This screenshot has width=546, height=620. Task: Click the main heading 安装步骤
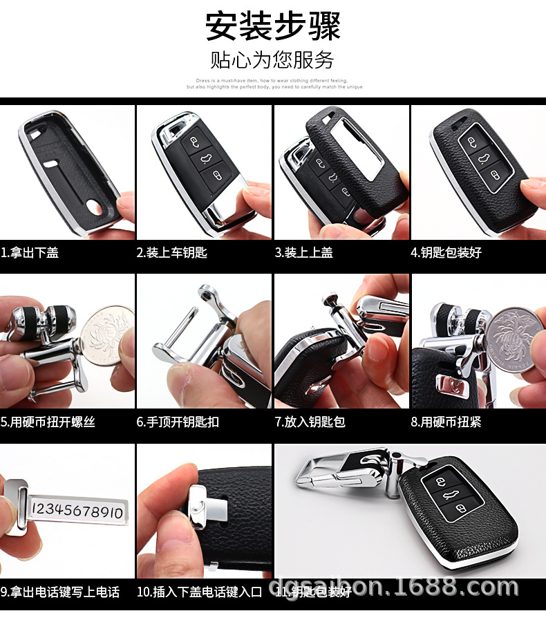272,26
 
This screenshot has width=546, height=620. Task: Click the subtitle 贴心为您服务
272,60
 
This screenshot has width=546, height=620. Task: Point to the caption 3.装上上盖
304,253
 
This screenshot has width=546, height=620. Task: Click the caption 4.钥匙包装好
446,253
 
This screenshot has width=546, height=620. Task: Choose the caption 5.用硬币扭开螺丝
48,422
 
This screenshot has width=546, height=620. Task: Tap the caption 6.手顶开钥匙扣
178,422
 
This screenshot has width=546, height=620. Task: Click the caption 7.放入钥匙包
310,422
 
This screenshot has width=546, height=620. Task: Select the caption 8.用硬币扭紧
446,422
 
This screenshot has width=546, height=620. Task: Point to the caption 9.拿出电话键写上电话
60,592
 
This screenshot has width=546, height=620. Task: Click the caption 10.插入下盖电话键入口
200,592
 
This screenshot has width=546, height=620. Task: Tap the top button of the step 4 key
471,142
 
